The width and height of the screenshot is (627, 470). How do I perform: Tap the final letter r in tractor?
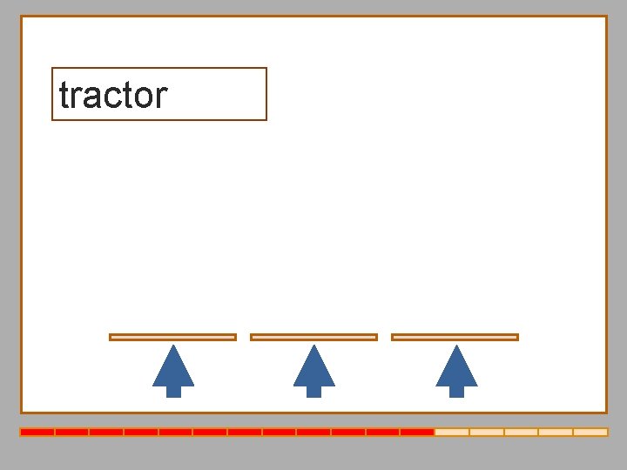161,97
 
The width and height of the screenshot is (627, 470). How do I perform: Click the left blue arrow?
173,369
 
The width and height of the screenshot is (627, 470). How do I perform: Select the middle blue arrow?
314,369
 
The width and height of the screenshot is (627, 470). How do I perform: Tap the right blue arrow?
456,369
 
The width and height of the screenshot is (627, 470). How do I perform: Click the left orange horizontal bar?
172,337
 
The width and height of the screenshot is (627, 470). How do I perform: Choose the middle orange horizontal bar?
313,337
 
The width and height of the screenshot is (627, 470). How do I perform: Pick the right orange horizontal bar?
455,337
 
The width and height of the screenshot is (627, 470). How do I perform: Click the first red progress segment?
37,432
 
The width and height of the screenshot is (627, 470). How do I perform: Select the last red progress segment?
417,432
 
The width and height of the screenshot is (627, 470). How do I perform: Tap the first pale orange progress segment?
452,432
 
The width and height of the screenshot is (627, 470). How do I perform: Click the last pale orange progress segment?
590,432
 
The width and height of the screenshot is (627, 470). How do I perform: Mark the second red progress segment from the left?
72,432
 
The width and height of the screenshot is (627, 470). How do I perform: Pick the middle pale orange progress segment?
521,432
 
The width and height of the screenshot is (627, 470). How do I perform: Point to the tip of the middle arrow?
314,347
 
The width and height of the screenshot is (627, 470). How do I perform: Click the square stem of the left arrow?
173,391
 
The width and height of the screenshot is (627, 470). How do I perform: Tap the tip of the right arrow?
456,347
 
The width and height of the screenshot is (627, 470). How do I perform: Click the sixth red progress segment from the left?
210,432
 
